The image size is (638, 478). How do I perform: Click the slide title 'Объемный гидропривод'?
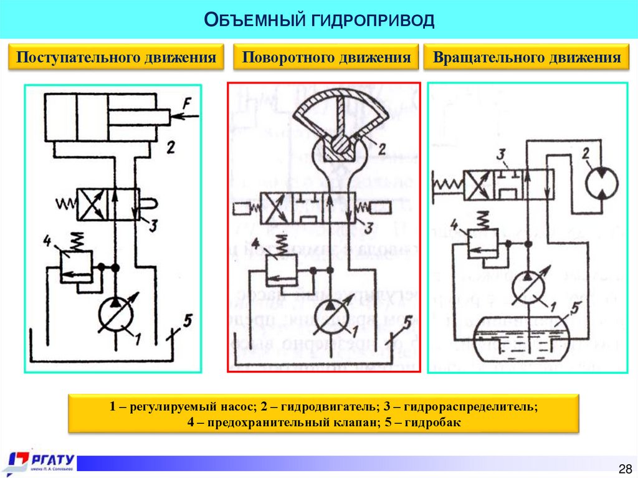click(x=318, y=21)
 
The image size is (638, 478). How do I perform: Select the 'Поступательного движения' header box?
click(x=116, y=58)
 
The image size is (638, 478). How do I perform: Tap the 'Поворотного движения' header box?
click(x=326, y=58)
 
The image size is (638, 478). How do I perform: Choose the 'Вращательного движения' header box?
click(x=527, y=58)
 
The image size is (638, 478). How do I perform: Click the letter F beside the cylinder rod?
click(x=186, y=106)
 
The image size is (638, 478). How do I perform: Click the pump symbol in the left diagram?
click(x=117, y=314)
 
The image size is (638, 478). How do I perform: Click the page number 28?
click(x=624, y=469)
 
